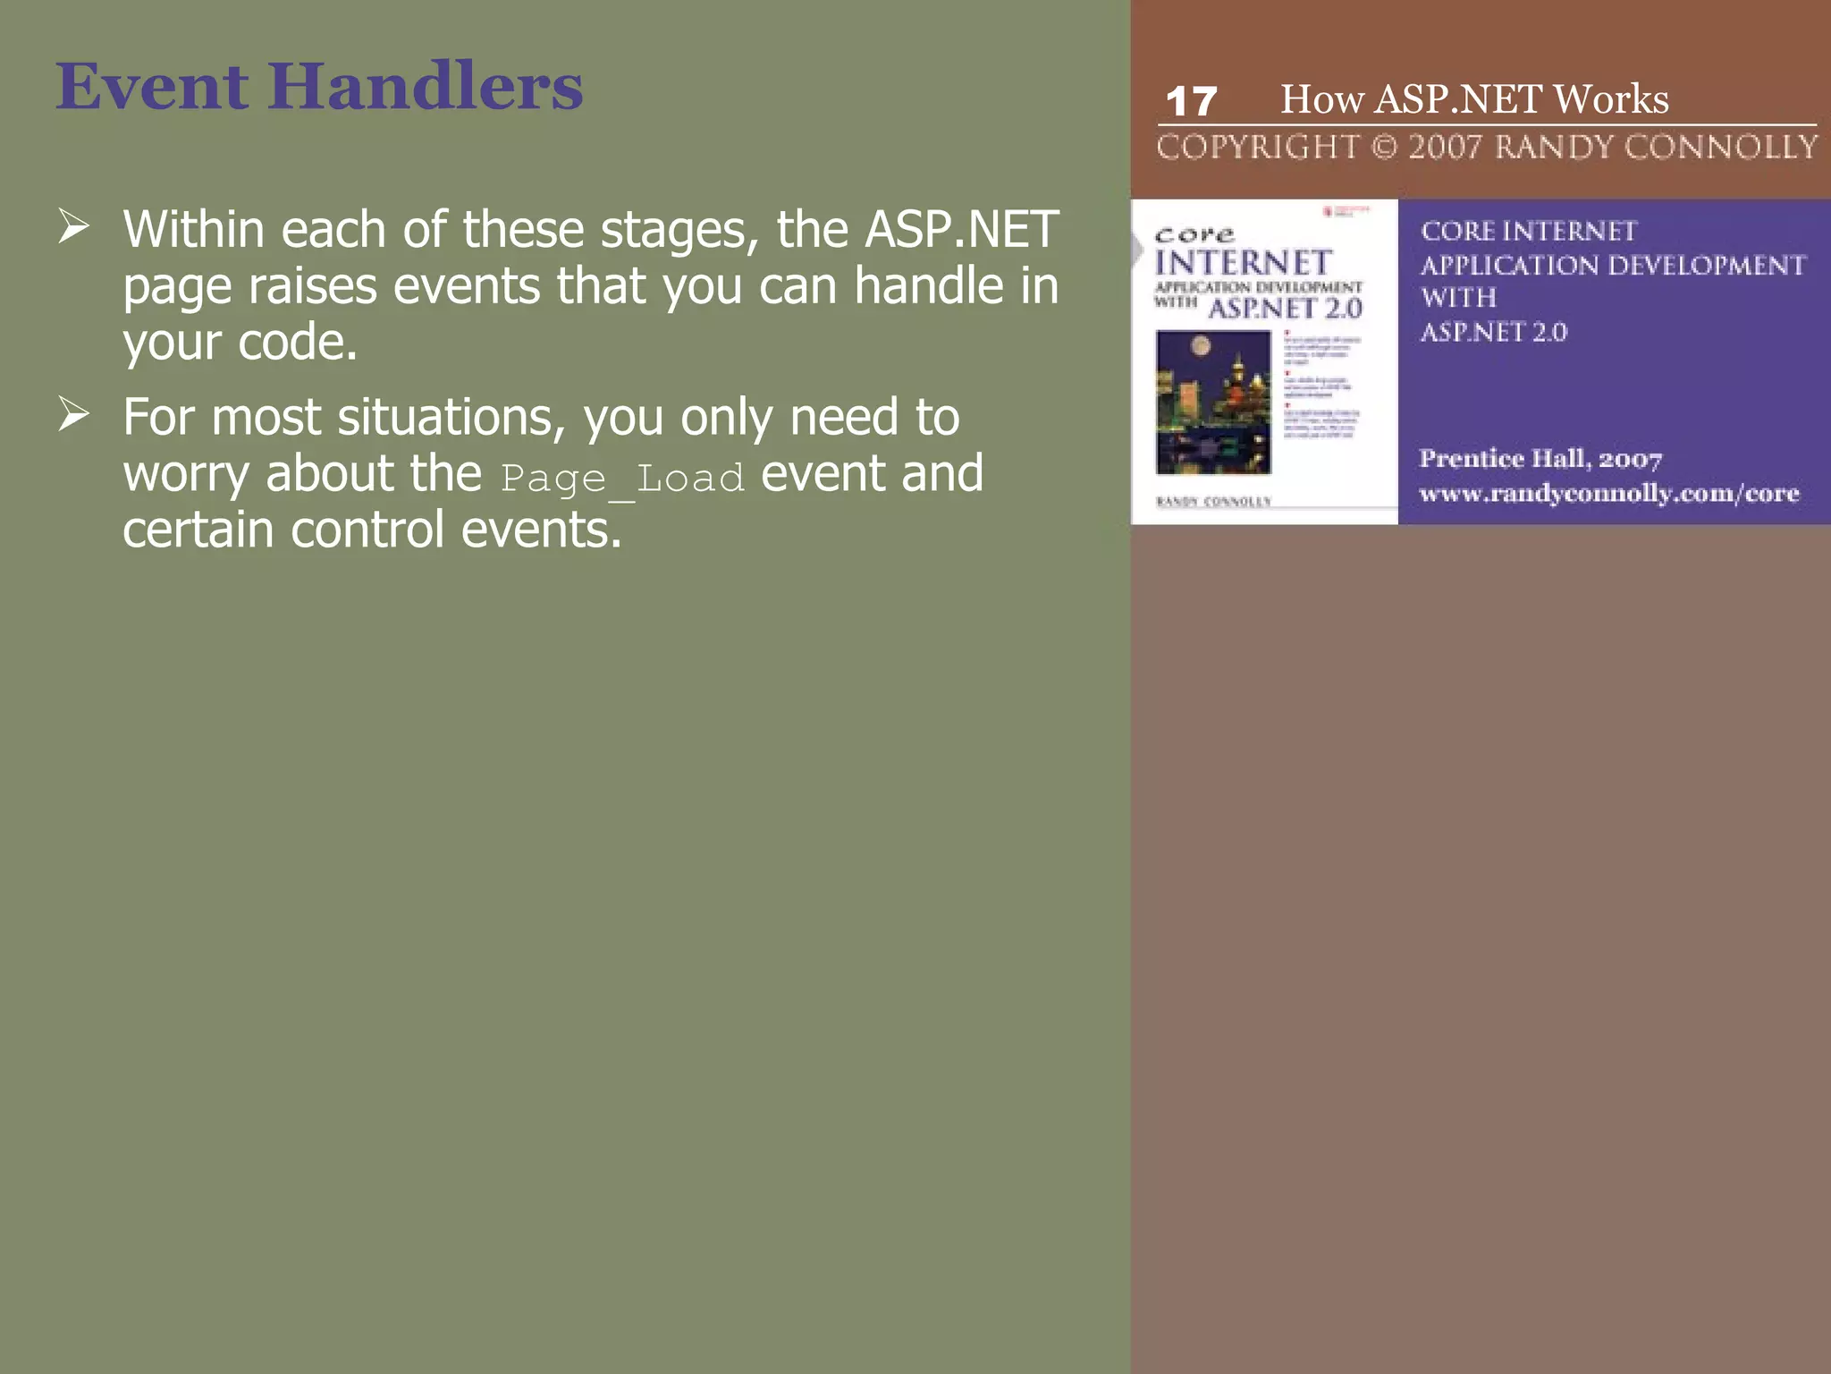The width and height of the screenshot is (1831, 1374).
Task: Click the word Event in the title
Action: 152,87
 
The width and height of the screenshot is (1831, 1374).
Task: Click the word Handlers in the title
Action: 425,87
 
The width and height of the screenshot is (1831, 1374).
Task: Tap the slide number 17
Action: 1191,101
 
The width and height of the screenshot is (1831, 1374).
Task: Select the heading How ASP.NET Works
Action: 1474,98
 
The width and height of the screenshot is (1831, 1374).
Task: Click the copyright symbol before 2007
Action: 1383,147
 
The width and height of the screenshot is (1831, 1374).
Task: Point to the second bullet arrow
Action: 73,413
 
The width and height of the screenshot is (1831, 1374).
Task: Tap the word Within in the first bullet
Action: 193,230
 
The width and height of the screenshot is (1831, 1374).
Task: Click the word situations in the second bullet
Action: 451,418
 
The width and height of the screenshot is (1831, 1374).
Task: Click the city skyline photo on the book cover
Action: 1212,402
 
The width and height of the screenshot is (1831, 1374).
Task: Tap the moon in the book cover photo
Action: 1201,345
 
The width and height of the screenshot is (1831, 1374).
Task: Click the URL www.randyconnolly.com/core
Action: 1608,493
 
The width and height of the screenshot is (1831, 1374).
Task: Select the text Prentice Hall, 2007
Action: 1540,459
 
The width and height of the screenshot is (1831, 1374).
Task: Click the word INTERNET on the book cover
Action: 1243,263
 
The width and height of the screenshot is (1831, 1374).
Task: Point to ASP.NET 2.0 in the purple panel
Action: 1493,332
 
